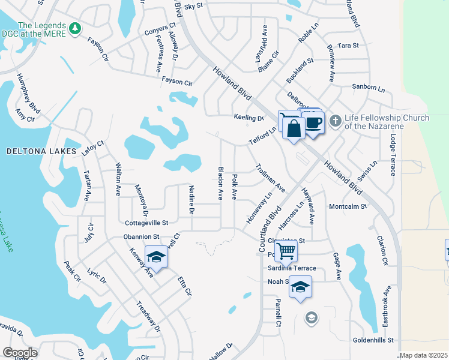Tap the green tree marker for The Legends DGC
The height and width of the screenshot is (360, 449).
click(x=75, y=28)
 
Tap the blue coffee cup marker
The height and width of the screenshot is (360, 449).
click(x=313, y=123)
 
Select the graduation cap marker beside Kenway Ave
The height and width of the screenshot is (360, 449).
click(x=156, y=257)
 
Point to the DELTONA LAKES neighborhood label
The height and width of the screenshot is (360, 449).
click(x=41, y=151)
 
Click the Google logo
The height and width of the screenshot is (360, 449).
click(x=20, y=352)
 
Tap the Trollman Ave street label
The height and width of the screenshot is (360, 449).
click(x=270, y=178)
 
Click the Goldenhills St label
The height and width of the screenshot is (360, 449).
click(x=372, y=340)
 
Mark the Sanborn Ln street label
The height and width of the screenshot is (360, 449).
click(x=368, y=88)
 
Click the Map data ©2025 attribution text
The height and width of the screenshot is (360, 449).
click(x=423, y=355)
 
